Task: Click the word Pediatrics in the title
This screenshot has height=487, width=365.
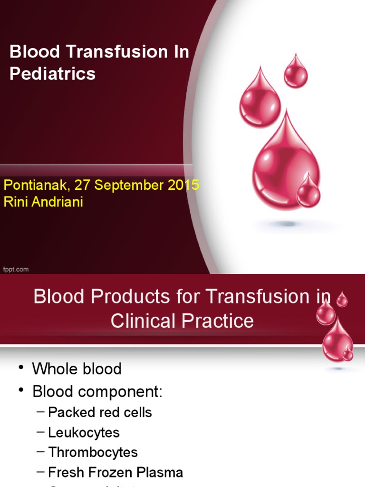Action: pos(53,74)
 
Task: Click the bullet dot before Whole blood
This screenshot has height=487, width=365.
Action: pos(20,369)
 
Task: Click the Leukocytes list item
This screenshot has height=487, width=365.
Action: pos(84,432)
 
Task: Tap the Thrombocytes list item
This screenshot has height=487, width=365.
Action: pos(93,452)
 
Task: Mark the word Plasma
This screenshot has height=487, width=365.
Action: pos(161,472)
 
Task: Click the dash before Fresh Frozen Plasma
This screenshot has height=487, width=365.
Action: pos(41,472)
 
